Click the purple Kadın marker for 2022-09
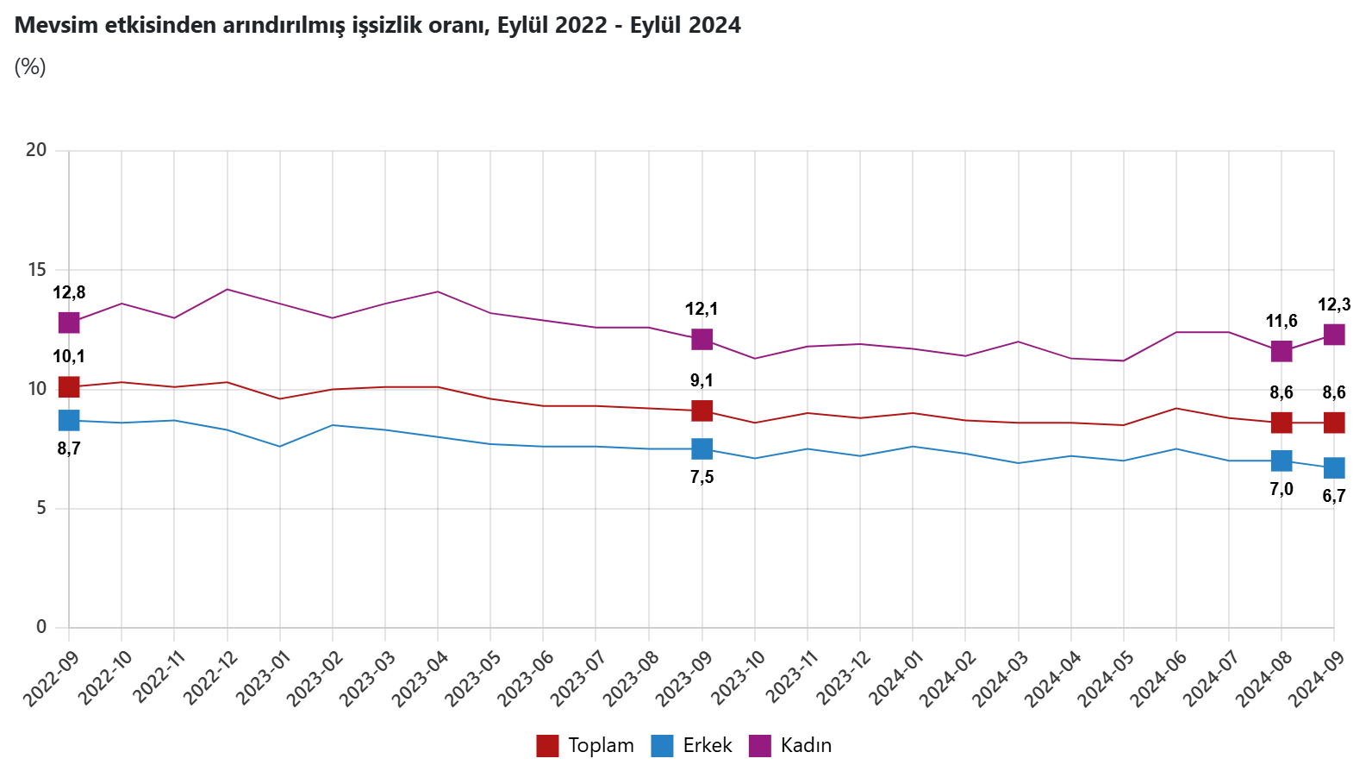[x=69, y=323]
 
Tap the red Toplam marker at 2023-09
[x=702, y=411]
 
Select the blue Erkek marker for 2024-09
[x=1333, y=467]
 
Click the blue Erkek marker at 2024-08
[x=1281, y=461]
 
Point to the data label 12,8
[x=69, y=293]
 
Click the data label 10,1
[x=69, y=357]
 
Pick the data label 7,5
[x=702, y=477]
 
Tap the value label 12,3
[x=1333, y=304]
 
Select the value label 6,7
[x=1333, y=496]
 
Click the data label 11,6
[x=1281, y=322]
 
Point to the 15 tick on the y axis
[x=36, y=270]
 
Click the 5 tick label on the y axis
[x=41, y=509]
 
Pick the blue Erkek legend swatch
[x=662, y=745]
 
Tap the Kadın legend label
[x=806, y=745]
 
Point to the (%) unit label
[x=30, y=66]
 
